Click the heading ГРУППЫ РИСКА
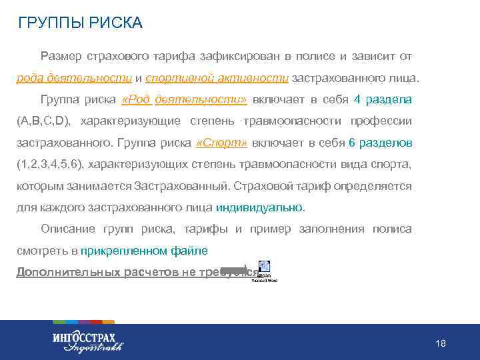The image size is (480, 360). [81, 23]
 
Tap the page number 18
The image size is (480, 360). [440, 343]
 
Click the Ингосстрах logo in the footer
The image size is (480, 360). [87, 341]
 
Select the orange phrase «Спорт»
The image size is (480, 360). [223, 143]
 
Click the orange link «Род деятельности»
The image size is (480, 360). [185, 100]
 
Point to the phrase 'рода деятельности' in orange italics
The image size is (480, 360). [74, 78]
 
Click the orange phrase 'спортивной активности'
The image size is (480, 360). [217, 78]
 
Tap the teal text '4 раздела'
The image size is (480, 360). [383, 100]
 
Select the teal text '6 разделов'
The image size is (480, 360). [380, 143]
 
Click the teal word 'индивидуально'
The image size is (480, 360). [259, 207]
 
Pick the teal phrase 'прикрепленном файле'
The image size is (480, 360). [144, 251]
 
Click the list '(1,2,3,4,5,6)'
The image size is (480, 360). [50, 165]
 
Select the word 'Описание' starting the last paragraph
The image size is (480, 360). [67, 229]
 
